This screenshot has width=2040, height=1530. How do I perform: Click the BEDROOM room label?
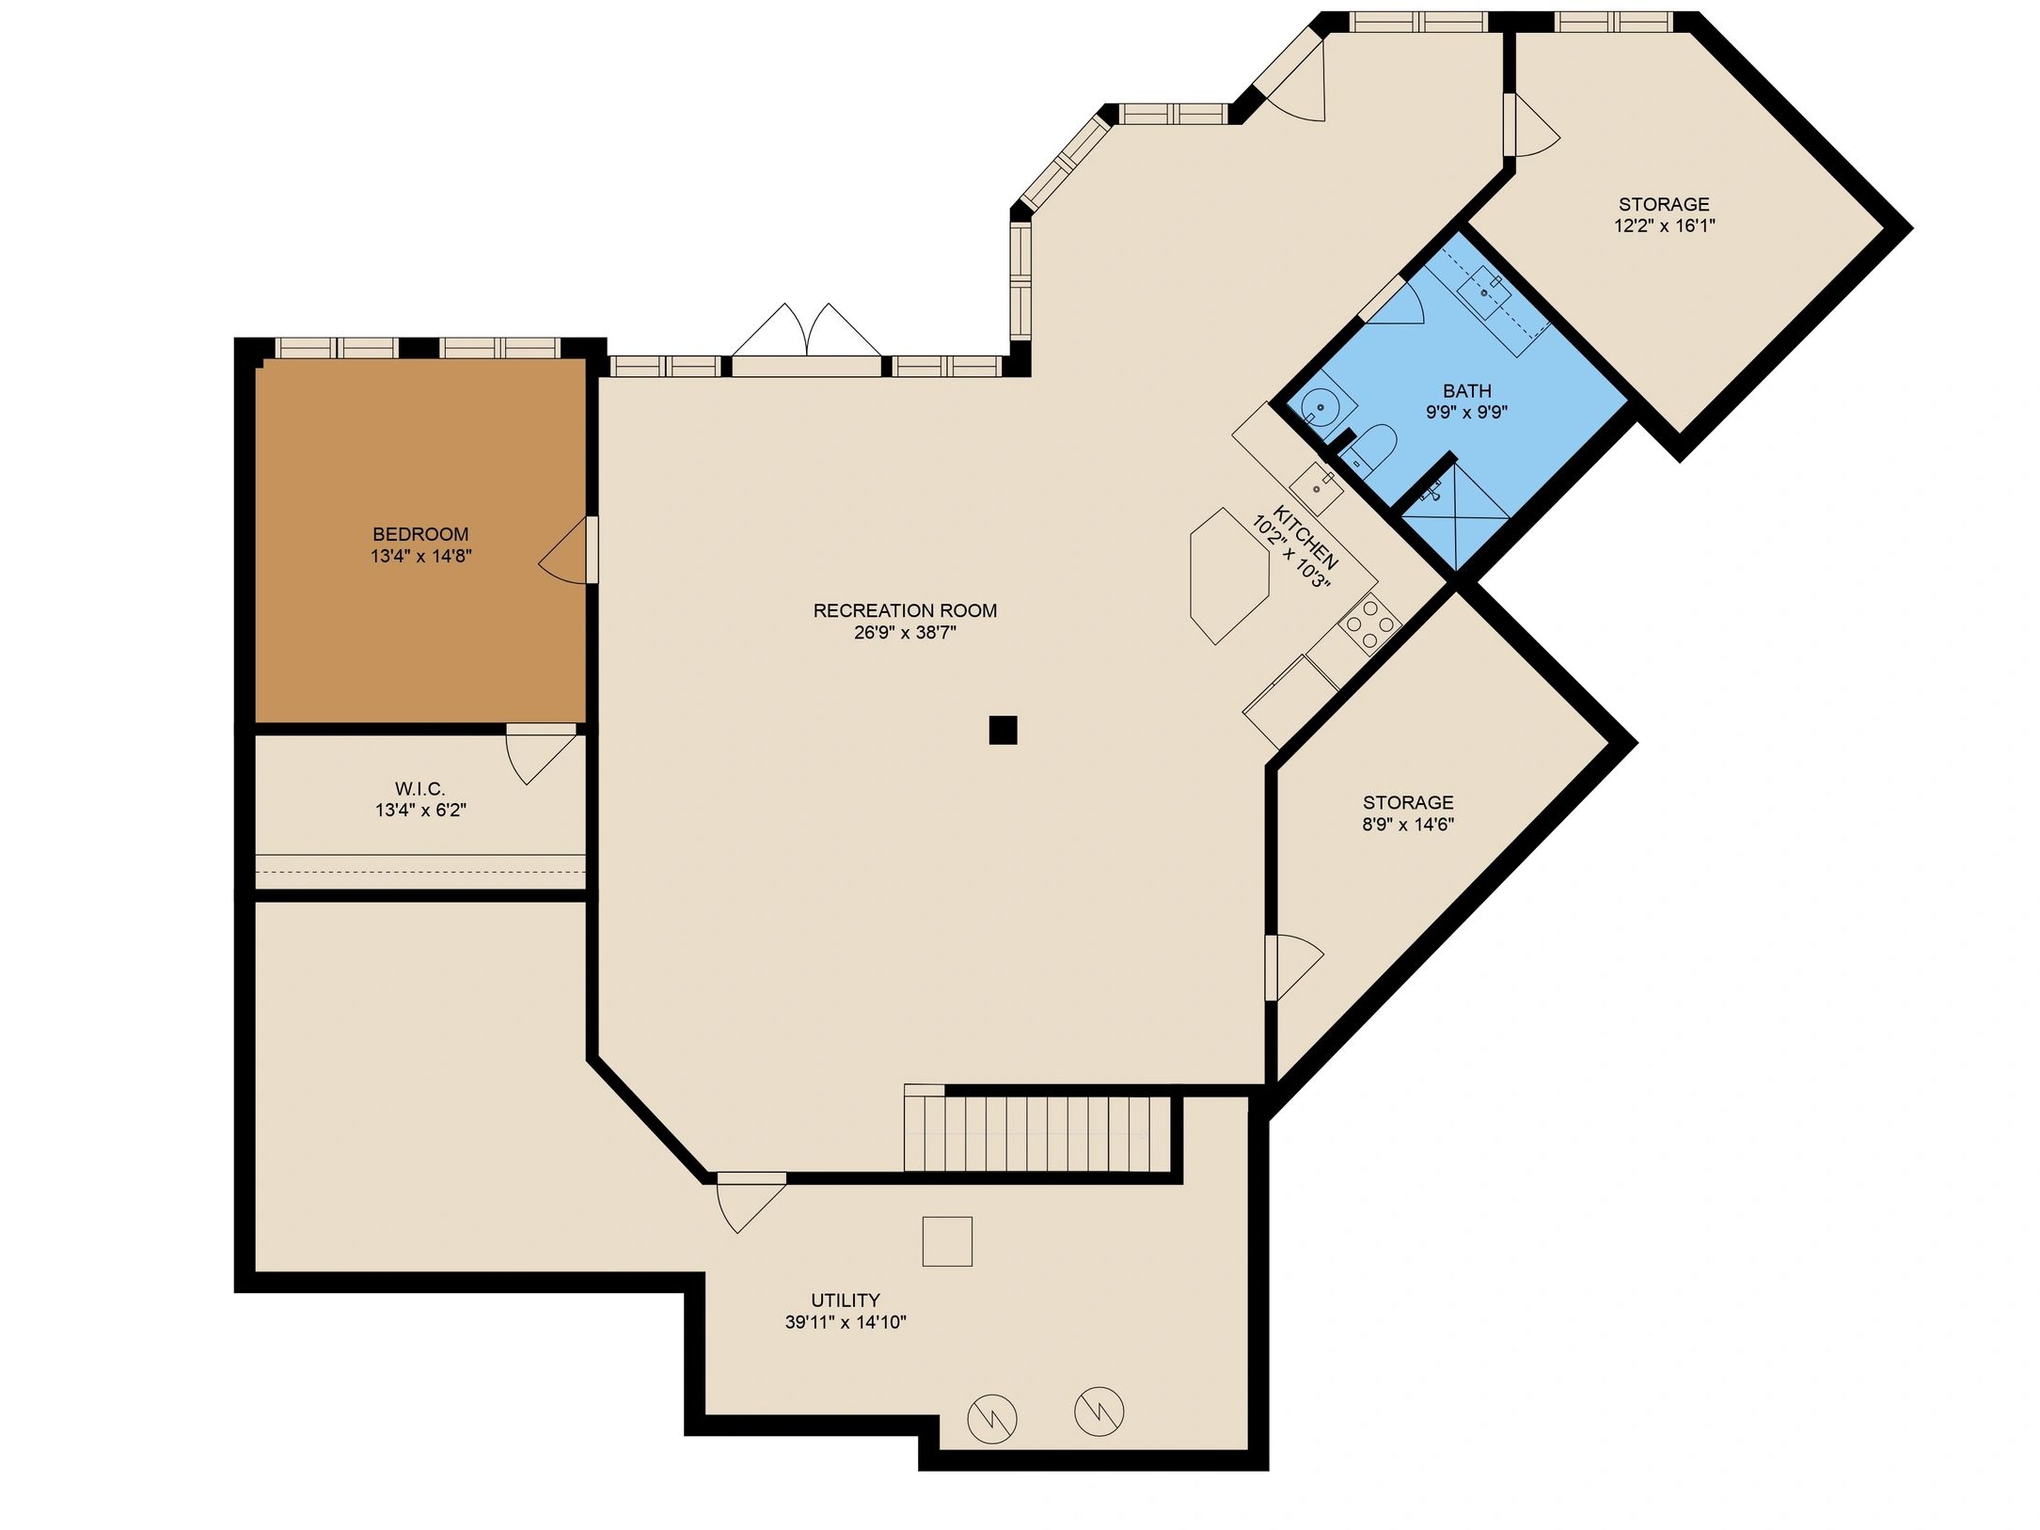pyautogui.click(x=420, y=534)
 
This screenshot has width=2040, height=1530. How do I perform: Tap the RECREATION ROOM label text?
pyautogui.click(x=905, y=610)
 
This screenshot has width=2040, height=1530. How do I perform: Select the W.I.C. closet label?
pyautogui.click(x=419, y=789)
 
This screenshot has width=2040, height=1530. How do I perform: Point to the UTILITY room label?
pyautogui.click(x=846, y=1300)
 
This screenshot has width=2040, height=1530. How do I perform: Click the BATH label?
pyautogui.click(x=1467, y=390)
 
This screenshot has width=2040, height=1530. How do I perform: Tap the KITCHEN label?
pyautogui.click(x=1305, y=538)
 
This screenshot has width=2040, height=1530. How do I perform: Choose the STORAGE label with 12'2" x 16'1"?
pyautogui.click(x=1664, y=204)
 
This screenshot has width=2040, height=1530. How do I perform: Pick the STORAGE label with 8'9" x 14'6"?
pyautogui.click(x=1408, y=802)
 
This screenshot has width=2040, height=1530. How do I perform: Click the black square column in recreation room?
pyautogui.click(x=1004, y=730)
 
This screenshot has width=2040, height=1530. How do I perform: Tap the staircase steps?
pyautogui.click(x=1036, y=1133)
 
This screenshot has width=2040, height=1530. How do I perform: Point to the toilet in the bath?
pyautogui.click(x=1372, y=448)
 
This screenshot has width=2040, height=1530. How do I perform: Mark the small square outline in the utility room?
pyautogui.click(x=947, y=1240)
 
